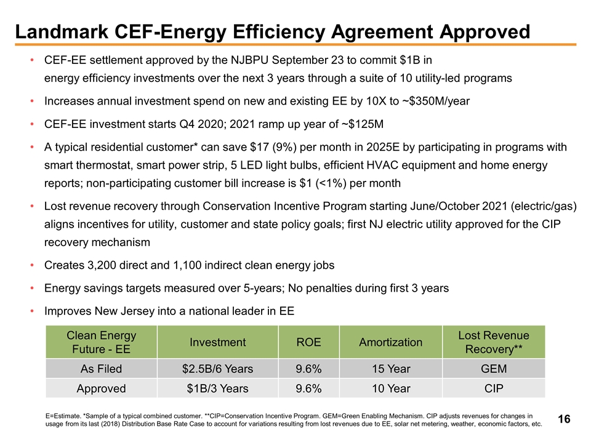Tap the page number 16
[564, 420]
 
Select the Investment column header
[218, 343]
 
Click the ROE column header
[308, 343]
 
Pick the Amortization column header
[391, 343]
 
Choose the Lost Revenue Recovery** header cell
[494, 343]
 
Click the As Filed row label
[101, 369]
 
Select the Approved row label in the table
[101, 389]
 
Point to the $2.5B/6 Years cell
[218, 369]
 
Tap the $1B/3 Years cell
[218, 389]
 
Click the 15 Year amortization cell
[391, 369]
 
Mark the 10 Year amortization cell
[391, 389]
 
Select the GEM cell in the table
[494, 369]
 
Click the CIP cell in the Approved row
[494, 389]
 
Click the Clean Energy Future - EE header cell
[101, 343]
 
